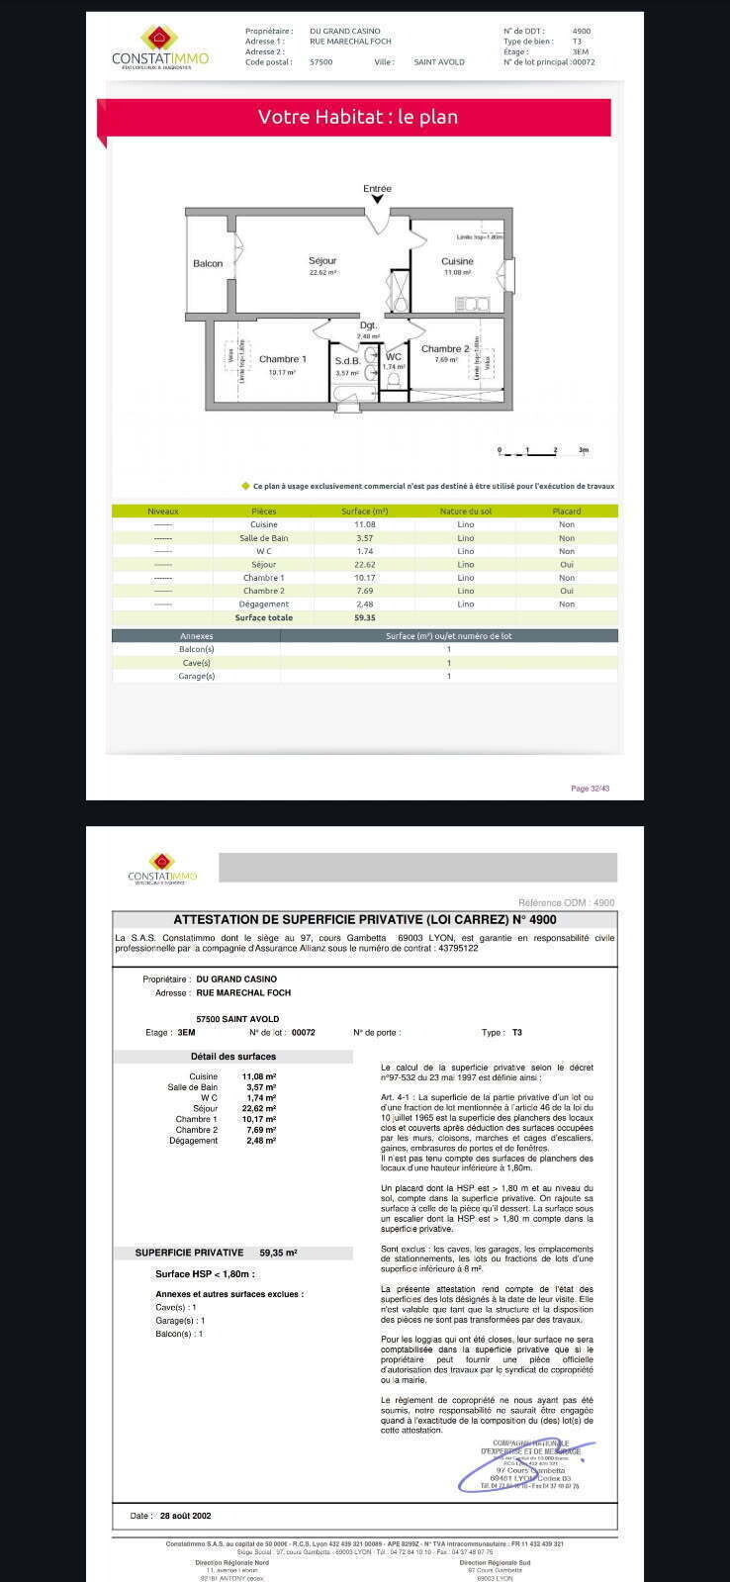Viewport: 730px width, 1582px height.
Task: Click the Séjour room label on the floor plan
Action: coord(322,261)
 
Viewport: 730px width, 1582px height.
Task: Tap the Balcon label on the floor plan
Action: coord(208,263)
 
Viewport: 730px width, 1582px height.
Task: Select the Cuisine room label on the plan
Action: coord(457,261)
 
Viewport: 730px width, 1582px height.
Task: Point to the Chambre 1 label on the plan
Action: coord(283,359)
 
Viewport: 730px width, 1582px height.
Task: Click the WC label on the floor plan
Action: coord(394,357)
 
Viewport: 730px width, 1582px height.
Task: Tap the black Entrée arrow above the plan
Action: coord(377,199)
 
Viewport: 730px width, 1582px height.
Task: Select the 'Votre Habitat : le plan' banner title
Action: coord(357,117)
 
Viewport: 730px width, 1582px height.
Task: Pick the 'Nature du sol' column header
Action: coord(465,512)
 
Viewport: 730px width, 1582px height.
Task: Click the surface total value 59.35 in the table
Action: coord(365,617)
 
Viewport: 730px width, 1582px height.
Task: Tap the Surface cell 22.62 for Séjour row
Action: coord(365,564)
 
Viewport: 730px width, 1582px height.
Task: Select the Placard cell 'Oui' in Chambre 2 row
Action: coord(567,591)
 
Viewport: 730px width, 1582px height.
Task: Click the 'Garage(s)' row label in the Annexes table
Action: coord(196,676)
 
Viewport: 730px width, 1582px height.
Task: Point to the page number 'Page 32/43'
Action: coord(591,789)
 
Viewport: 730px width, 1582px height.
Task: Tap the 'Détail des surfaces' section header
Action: coord(233,1057)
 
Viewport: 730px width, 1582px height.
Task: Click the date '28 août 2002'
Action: coord(185,1516)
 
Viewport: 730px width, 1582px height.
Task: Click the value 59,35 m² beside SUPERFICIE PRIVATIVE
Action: coord(278,1253)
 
